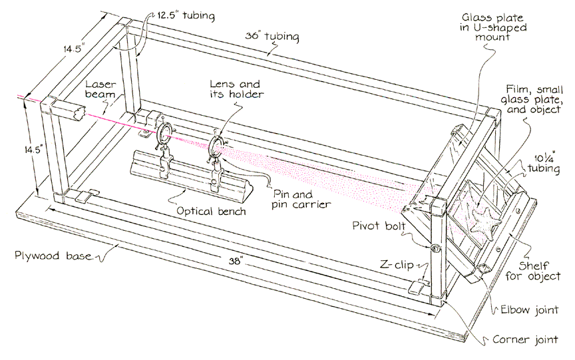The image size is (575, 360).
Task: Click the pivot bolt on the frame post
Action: (436, 248)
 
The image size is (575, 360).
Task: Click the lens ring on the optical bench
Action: (217, 146)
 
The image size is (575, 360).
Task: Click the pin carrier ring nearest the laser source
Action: (164, 130)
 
